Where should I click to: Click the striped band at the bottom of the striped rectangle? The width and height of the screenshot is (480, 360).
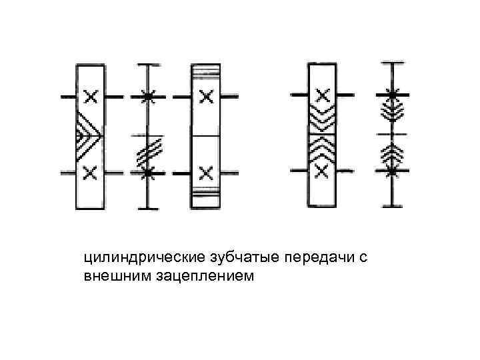205,199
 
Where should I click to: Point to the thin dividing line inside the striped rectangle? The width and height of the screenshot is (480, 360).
205,135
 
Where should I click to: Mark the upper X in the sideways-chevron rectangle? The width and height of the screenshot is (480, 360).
91,97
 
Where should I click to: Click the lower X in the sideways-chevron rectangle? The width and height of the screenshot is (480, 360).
91,173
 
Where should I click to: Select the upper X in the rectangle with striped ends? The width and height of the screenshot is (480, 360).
206,97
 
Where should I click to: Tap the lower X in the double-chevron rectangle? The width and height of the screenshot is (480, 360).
321,171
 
